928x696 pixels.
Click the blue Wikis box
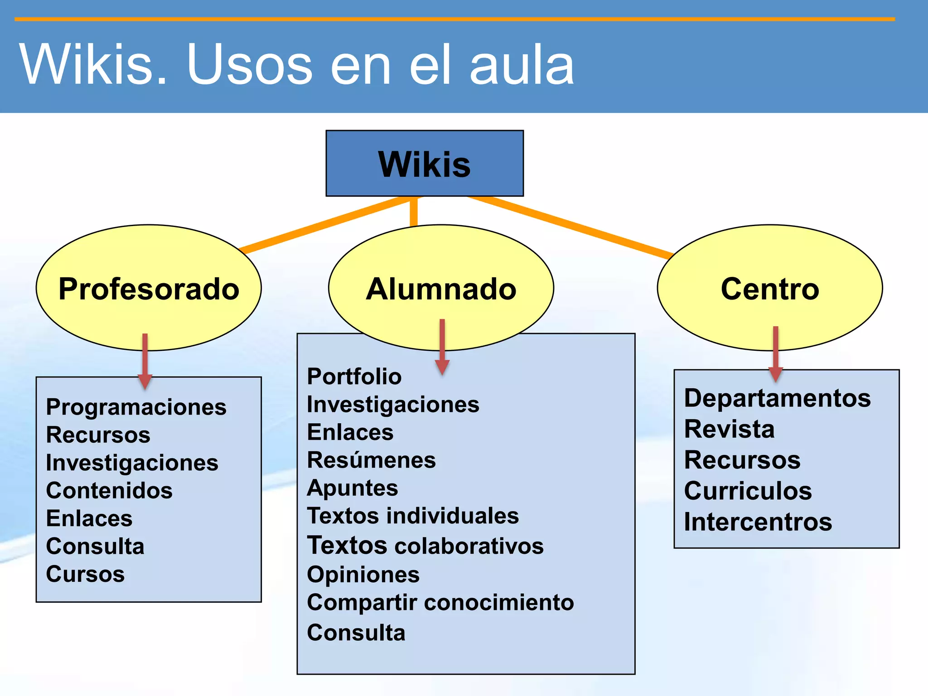tap(425, 163)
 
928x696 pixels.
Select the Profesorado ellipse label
tap(149, 289)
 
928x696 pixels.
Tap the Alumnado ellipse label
tap(441, 289)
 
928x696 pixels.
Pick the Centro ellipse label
tap(770, 289)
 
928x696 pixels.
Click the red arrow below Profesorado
tap(145, 360)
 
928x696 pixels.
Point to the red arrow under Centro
tap(776, 353)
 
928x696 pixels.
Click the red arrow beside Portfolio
tap(442, 347)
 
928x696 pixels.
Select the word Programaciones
tap(136, 407)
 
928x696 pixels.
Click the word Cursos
tap(85, 574)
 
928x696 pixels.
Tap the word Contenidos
tap(109, 490)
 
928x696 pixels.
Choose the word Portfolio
tap(354, 377)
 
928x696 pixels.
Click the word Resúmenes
tap(371, 460)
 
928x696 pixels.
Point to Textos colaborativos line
tap(425, 546)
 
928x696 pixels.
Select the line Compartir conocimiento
tap(440, 602)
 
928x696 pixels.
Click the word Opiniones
tap(363, 575)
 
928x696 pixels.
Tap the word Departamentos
tap(777, 398)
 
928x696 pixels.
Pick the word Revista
tap(729, 429)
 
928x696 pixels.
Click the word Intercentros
tap(758, 522)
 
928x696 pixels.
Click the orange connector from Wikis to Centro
tap(571, 227)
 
